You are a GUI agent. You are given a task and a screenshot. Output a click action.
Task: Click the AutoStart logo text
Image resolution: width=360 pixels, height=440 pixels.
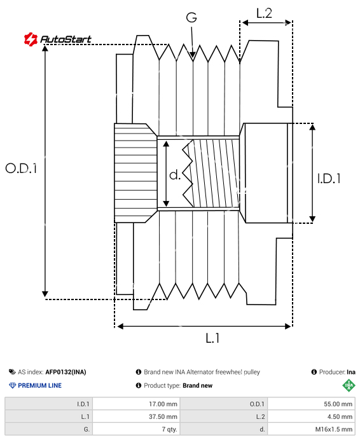tap(66, 39)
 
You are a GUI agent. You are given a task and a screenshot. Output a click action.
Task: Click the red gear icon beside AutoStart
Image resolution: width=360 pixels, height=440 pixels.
tap(31, 39)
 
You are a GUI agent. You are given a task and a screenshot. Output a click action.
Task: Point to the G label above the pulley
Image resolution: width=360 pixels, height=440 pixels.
tap(191, 17)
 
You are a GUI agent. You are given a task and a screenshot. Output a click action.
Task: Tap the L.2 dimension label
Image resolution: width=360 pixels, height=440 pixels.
tap(264, 13)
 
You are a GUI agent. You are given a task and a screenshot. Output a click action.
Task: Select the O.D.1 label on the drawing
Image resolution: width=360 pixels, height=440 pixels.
tap(21, 168)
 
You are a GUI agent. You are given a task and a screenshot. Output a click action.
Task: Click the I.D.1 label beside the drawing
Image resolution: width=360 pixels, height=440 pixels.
tap(329, 179)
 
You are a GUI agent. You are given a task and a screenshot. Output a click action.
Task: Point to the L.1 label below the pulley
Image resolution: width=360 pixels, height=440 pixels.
tap(212, 338)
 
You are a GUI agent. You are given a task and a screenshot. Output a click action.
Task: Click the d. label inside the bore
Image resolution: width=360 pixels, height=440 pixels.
tap(175, 175)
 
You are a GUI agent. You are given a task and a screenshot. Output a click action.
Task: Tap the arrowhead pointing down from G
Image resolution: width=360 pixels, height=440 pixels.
tap(192, 55)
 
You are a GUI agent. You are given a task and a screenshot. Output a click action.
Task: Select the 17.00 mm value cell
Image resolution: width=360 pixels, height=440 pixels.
tap(137, 404)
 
